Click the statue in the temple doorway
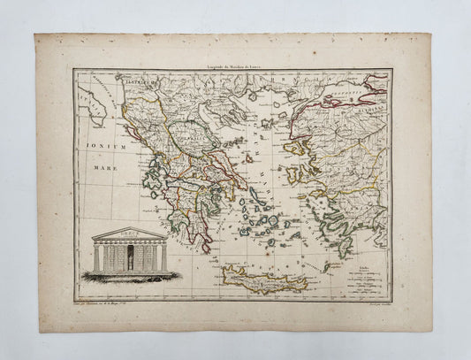131,257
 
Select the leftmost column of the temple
95,257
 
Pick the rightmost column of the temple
164,257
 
